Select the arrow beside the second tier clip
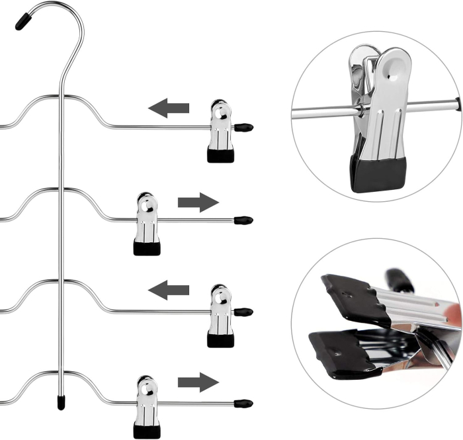198,202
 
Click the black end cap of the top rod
243,125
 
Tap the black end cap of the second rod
243,219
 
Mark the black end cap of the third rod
243,311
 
